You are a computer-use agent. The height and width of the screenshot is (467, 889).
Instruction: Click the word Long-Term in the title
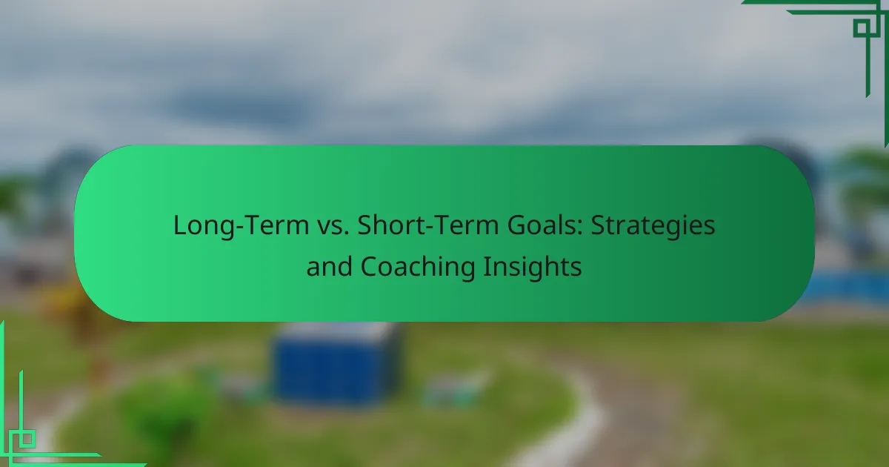tap(241, 225)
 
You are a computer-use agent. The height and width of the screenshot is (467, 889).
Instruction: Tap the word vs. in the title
tap(333, 226)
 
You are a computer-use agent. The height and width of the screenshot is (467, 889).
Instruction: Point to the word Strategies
tap(653, 226)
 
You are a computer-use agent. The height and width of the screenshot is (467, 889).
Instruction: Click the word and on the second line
tap(330, 266)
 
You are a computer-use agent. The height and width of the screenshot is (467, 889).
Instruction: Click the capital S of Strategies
tap(598, 225)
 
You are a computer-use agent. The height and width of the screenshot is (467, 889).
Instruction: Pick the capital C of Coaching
tap(369, 266)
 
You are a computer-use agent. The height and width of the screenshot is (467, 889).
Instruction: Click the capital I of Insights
tap(486, 266)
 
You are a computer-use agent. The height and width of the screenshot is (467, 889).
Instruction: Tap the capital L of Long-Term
tap(181, 225)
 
